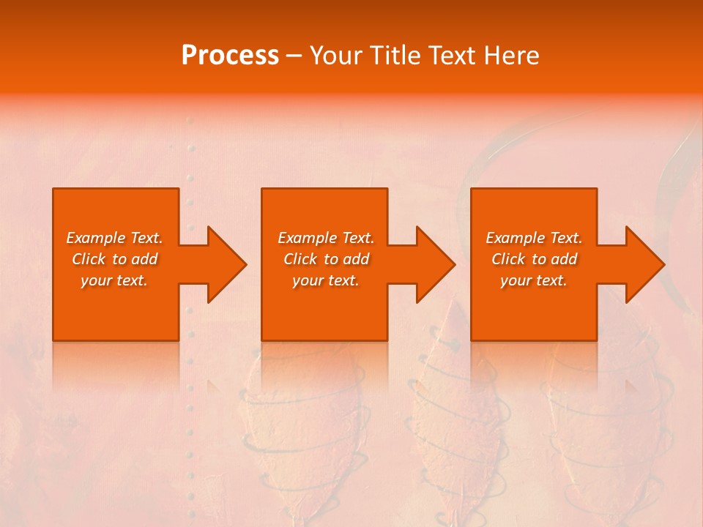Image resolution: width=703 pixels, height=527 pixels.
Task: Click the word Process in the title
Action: point(230,56)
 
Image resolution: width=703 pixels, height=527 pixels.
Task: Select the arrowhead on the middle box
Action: point(431,264)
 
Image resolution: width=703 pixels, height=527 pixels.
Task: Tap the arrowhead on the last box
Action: point(641,264)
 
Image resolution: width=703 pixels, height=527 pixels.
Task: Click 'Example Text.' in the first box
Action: point(114,238)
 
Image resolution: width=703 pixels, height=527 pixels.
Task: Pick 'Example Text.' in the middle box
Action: point(325,238)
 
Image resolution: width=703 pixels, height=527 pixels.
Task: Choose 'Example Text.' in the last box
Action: point(534,238)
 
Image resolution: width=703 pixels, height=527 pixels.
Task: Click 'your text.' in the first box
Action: point(114,280)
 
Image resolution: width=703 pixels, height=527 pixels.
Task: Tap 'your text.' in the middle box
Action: point(325,280)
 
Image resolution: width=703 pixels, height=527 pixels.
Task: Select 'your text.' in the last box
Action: point(534,280)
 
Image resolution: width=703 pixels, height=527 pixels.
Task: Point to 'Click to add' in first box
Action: point(114,259)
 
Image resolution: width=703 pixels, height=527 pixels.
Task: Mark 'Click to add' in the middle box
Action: point(325,259)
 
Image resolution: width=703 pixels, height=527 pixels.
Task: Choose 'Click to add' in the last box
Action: point(534,259)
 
